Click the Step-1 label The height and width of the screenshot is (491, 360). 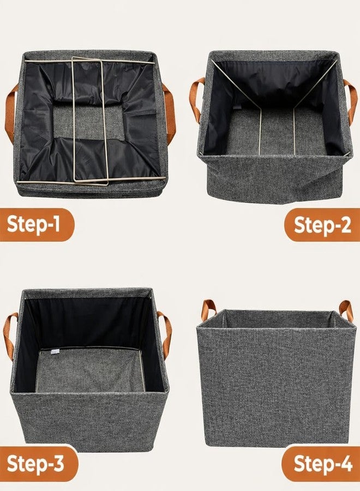point(33,225)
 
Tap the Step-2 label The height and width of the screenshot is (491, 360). point(322,225)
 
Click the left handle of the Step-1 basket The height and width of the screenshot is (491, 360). point(10,113)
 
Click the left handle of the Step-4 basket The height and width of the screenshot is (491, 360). point(209,310)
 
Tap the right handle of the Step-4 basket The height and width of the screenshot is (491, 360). point(346,310)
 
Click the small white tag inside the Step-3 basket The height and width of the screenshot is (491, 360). point(55,352)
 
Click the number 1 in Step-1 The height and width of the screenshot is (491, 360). point(56,224)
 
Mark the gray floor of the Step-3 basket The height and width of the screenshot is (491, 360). point(90,371)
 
